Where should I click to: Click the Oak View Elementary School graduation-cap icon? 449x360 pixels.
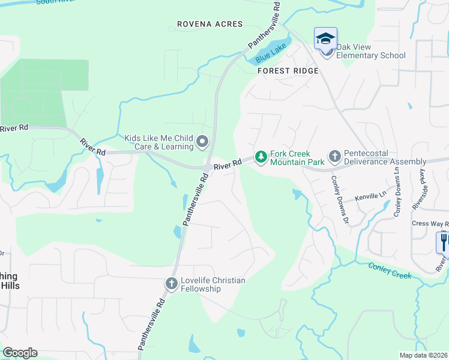[326, 39]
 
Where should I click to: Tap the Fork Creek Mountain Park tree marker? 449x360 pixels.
[261, 157]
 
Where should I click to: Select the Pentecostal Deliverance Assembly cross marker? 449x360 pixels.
[334, 157]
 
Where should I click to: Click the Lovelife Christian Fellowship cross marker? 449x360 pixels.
[172, 283]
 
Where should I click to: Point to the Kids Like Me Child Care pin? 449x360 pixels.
[202, 142]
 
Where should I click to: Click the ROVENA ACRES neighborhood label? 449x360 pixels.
[210, 24]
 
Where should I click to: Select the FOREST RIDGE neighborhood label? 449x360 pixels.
[288, 71]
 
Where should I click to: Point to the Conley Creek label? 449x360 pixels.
[390, 271]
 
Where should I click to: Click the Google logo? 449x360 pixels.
[20, 353]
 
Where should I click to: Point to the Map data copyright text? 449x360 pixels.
[423, 355]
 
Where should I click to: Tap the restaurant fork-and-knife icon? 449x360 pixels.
[443, 242]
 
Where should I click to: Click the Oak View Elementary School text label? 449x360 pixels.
[370, 52]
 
